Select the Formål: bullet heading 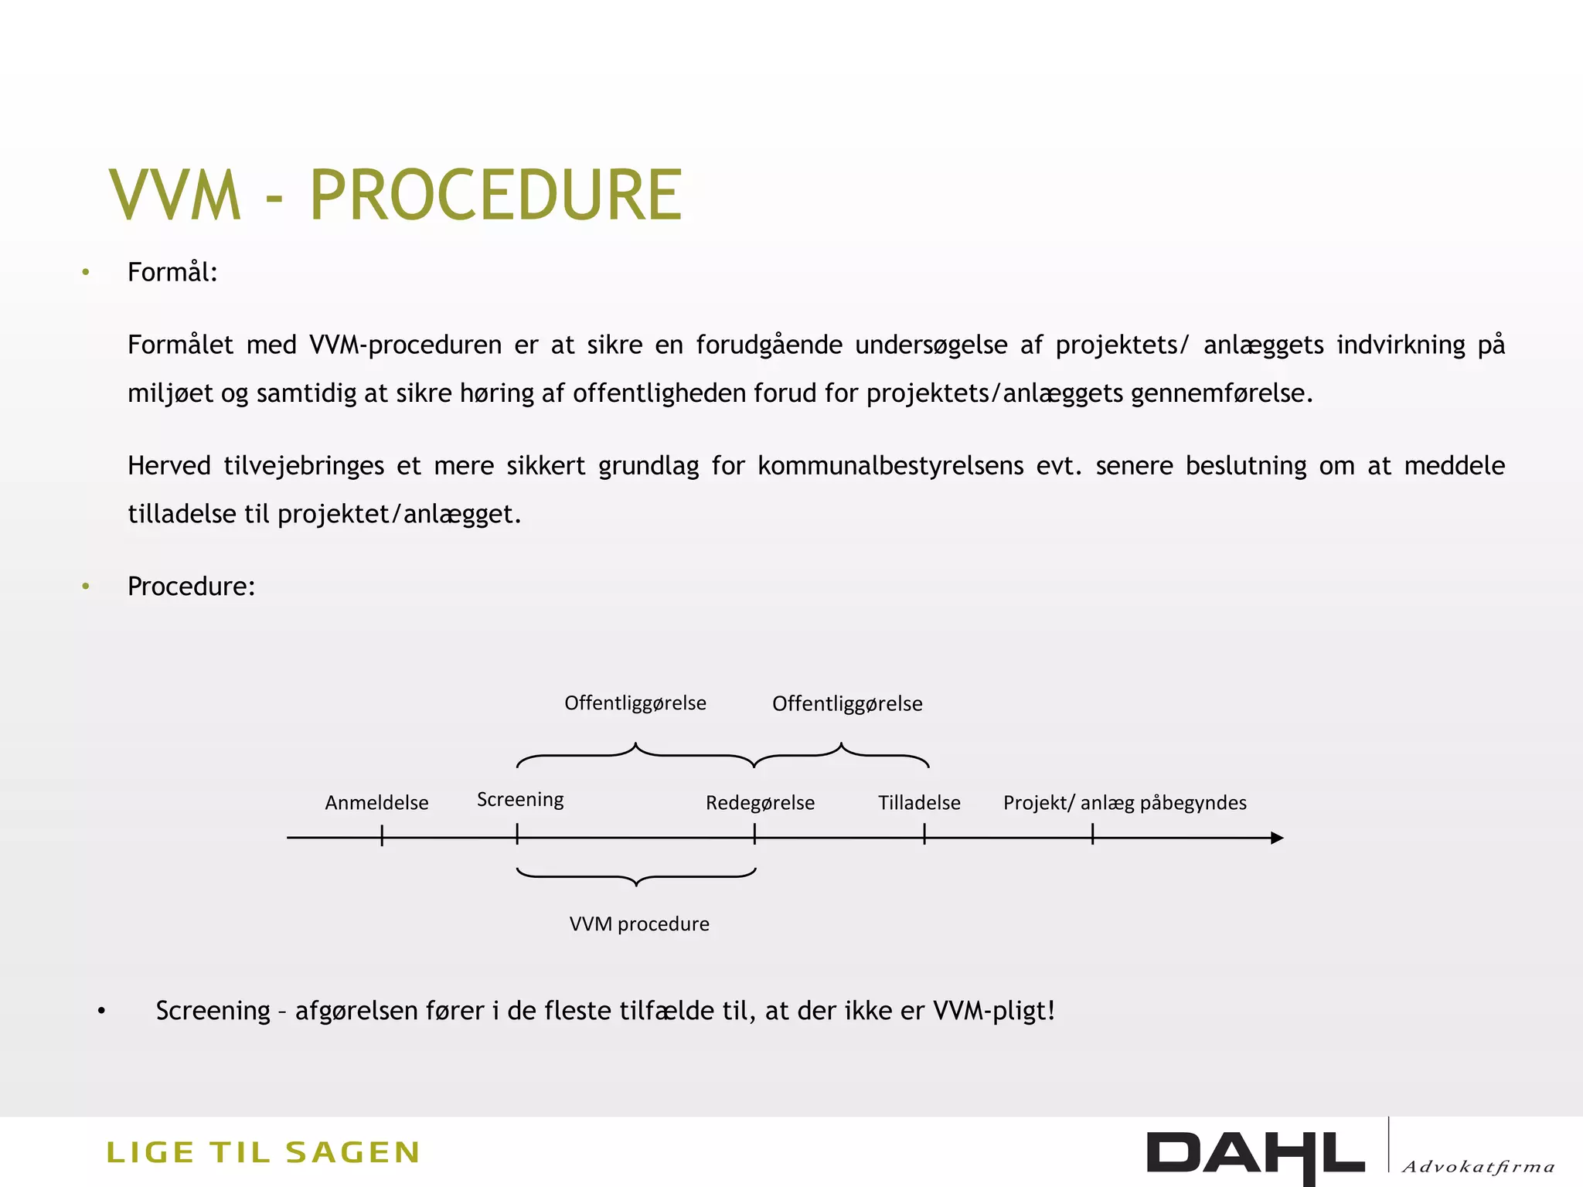[x=172, y=273]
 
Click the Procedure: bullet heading [x=191, y=587]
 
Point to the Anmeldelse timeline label [x=376, y=803]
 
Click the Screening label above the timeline [x=520, y=799]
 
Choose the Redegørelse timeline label [x=760, y=803]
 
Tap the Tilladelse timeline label [x=919, y=803]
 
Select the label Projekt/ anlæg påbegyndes [x=1125, y=803]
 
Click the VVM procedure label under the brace [x=639, y=924]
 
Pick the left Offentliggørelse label [x=635, y=703]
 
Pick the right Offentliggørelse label [x=847, y=704]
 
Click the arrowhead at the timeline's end [x=1277, y=838]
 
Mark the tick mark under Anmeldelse [x=382, y=835]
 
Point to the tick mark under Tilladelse [x=924, y=834]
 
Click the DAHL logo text [x=1255, y=1155]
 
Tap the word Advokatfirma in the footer [x=1478, y=1167]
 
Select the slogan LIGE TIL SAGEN [x=263, y=1153]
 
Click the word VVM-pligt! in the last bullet [x=994, y=1011]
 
